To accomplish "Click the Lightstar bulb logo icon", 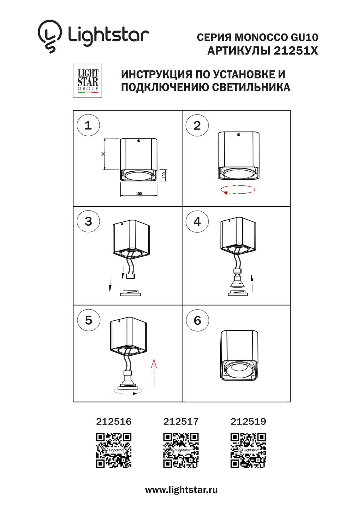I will [50, 36].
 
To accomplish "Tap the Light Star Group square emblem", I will [87, 81].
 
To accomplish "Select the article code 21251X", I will [296, 51].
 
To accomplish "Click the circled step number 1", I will [88, 125].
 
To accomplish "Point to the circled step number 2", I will [197, 125].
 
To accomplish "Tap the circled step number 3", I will [88, 221].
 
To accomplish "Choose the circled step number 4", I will [197, 221].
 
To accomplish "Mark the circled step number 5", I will [89, 320].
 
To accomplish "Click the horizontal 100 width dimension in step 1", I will [139, 194].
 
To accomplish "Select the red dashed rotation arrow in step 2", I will [238, 189].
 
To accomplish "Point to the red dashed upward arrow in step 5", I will [154, 372].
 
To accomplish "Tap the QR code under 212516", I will [114, 450].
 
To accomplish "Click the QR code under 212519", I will [248, 450].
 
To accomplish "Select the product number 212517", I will [181, 422].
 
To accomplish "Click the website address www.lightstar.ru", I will [181, 490].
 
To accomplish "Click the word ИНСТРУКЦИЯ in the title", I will [157, 75].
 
